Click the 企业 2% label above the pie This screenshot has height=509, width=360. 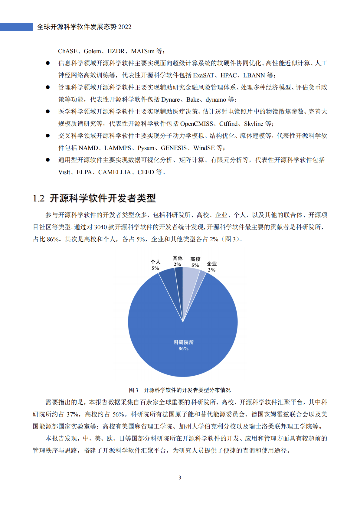click(212, 267)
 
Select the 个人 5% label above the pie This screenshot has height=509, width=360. click(155, 265)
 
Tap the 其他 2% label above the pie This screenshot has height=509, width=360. click(178, 261)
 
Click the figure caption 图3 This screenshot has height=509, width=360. click(133, 390)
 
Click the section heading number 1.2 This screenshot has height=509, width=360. click(38, 198)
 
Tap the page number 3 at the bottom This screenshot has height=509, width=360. click(180, 478)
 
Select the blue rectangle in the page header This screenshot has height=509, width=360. click(16, 27)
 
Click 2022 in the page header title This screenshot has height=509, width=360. click(125, 27)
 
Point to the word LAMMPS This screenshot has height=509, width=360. click(118, 148)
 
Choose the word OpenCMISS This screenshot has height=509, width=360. click(197, 124)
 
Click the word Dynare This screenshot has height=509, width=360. click(171, 100)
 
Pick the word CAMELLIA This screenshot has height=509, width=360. click(115, 172)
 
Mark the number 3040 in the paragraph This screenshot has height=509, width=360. click(100, 227)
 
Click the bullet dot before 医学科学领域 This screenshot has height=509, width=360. click(47, 111)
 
